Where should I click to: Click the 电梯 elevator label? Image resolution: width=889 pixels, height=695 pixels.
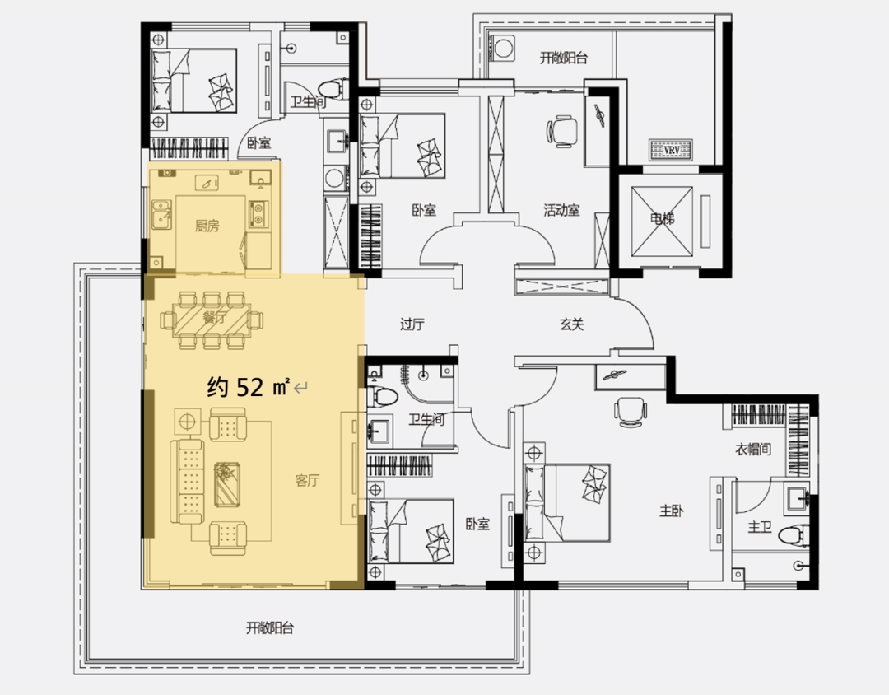pos(662,218)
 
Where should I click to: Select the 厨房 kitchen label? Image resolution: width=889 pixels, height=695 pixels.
pos(207,226)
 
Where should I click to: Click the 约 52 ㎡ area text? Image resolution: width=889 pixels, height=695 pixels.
pos(249,387)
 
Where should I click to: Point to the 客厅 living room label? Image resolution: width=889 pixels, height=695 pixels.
pos(307,481)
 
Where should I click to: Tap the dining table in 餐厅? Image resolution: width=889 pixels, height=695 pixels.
pos(212,319)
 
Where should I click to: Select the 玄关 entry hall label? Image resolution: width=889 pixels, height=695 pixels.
pos(571,324)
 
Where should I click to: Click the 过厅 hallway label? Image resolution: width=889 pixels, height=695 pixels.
pos(412,324)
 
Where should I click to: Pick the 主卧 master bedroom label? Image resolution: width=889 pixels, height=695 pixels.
pos(672,511)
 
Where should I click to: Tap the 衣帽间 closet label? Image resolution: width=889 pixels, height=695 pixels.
pos(753,450)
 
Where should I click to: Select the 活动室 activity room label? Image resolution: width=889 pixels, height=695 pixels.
pos(561,211)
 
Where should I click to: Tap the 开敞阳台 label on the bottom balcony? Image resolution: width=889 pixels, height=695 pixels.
pos(270,628)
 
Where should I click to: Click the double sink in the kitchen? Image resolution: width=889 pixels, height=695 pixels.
pos(161,214)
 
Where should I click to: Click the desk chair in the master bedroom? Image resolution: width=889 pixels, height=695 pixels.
pos(631,413)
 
